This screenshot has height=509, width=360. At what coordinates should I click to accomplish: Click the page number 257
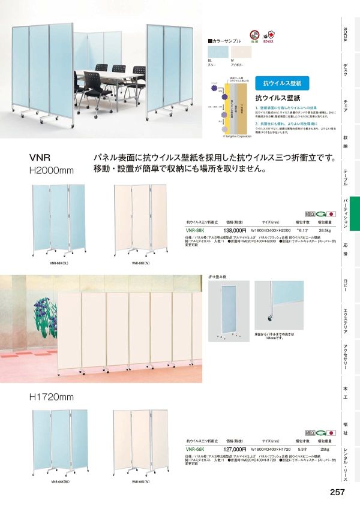pos(337,493)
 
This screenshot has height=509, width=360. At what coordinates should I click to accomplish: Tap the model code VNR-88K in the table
pos(196,230)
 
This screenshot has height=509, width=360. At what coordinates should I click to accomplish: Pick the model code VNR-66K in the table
pos(196,448)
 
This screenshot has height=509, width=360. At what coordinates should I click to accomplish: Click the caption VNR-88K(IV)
pos(140,263)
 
